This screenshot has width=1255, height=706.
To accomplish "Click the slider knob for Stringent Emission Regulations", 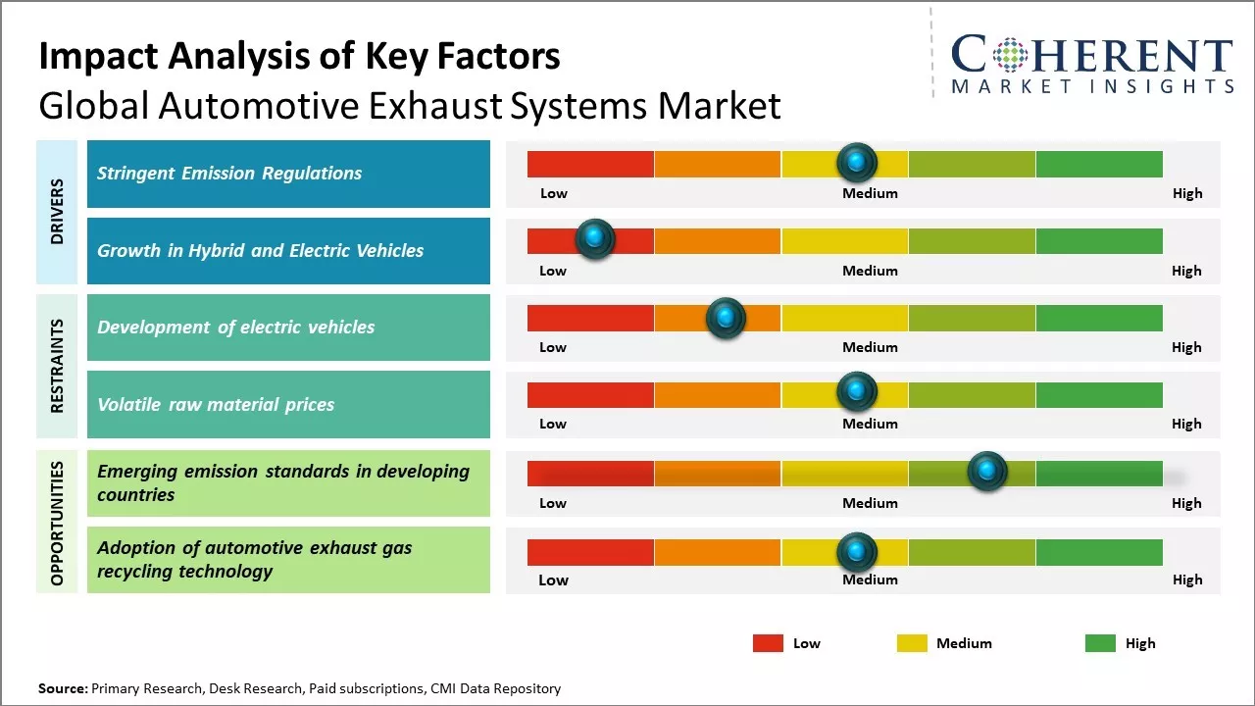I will click(x=857, y=162).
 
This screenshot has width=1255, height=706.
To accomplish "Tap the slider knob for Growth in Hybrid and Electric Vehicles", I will click(x=594, y=238).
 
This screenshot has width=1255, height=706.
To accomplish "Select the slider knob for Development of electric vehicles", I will click(x=726, y=317).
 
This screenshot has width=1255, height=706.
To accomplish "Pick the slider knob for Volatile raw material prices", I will click(x=857, y=392).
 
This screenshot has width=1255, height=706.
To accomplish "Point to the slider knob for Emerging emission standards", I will click(x=987, y=472).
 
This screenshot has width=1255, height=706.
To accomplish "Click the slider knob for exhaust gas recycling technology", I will click(x=857, y=552).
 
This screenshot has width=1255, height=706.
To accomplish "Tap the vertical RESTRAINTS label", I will click(x=57, y=365).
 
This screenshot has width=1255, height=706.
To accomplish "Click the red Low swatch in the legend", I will click(x=768, y=643).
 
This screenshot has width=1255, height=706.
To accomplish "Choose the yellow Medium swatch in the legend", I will click(x=912, y=643).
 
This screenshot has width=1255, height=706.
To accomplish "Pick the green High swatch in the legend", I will click(x=1100, y=643).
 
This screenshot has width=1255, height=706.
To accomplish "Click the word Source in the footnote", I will click(x=62, y=688).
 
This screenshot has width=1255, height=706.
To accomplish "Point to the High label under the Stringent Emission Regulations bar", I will click(x=1187, y=193).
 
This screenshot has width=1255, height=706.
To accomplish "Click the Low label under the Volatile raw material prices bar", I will click(x=553, y=424).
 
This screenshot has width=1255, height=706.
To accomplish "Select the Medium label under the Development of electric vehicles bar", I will click(x=870, y=347).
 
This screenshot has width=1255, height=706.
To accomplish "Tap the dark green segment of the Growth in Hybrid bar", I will click(x=1099, y=240).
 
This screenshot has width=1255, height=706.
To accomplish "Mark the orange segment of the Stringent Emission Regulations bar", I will click(x=717, y=164).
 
